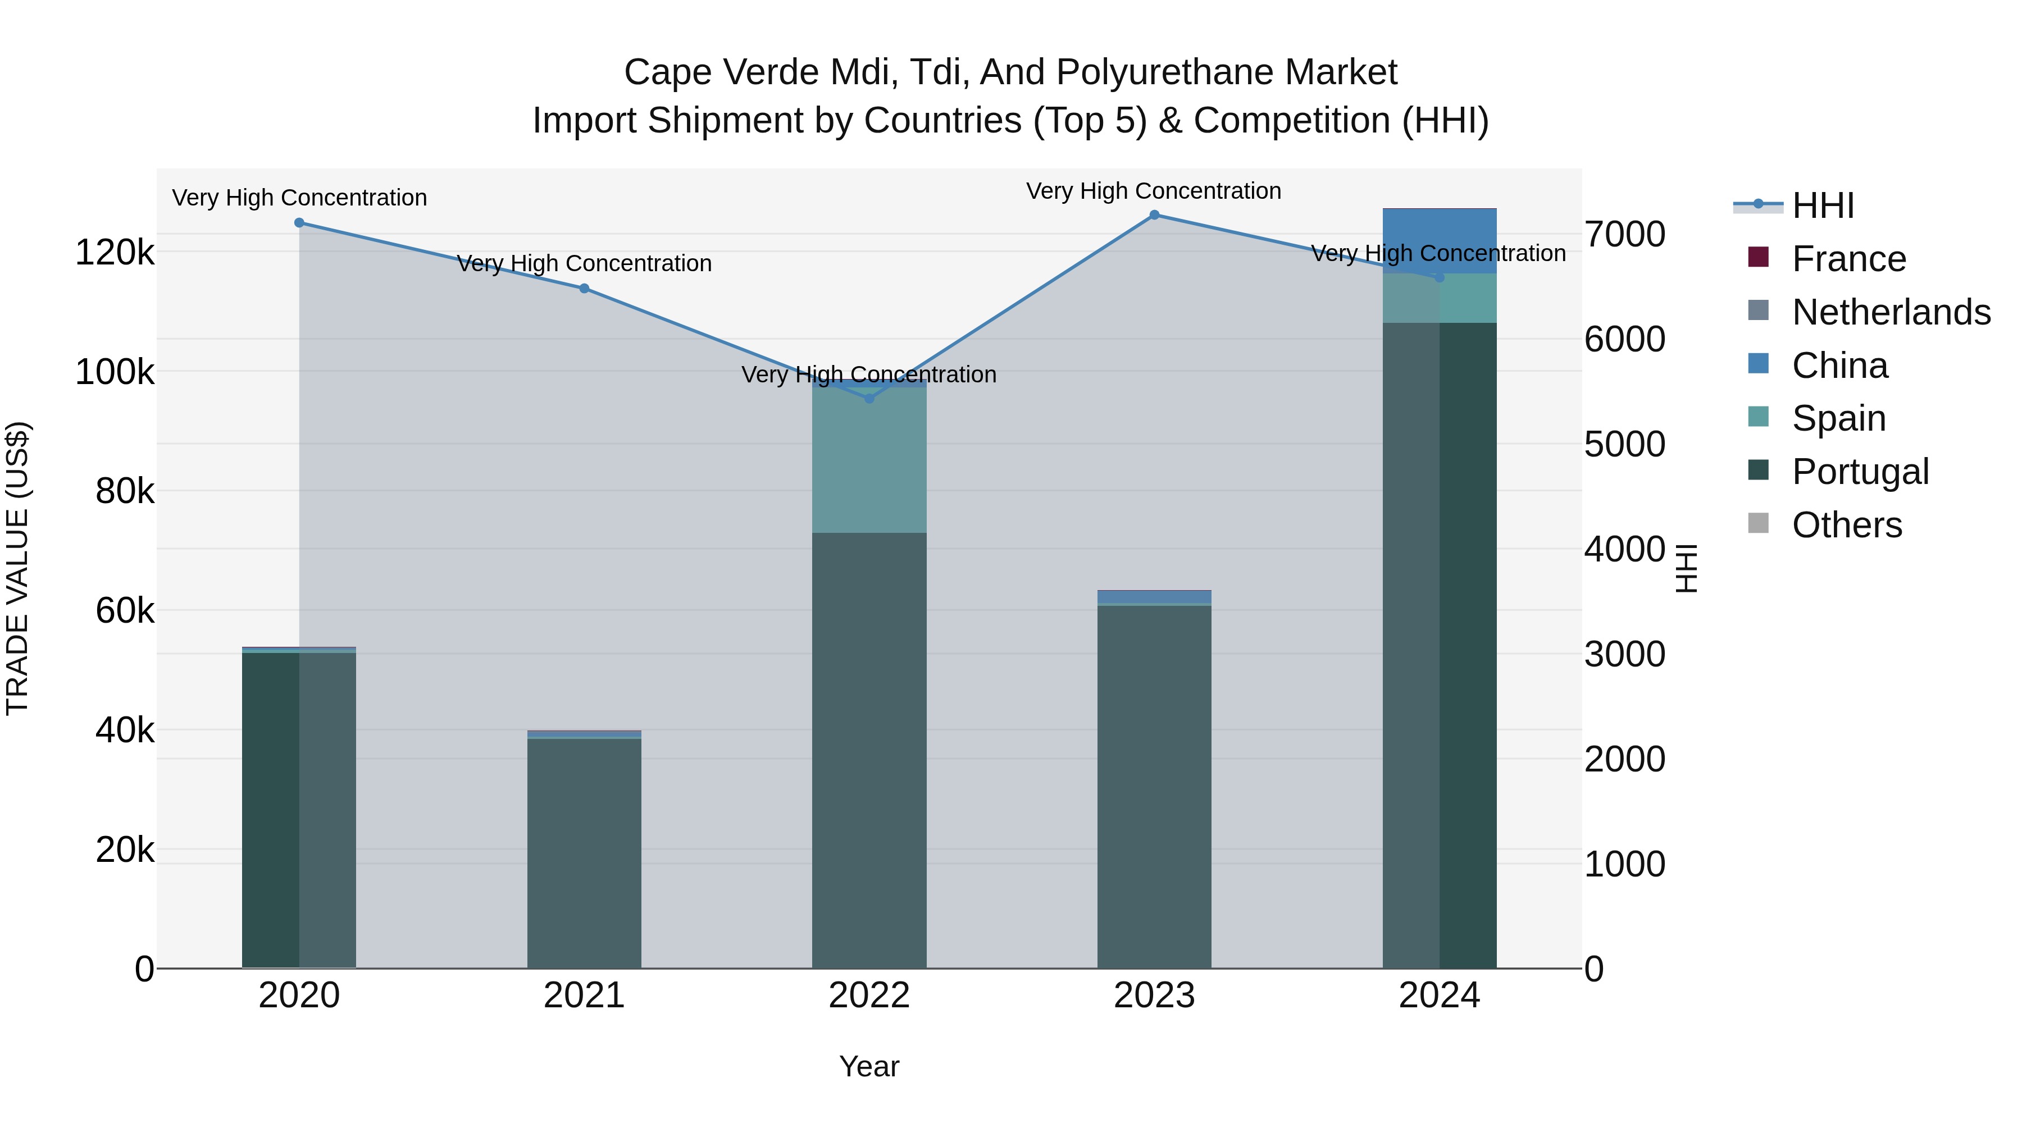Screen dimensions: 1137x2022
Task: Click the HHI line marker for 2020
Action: click(x=299, y=223)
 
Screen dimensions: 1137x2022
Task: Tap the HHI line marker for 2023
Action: click(x=1154, y=215)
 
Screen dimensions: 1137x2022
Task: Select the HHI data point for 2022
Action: click(x=869, y=399)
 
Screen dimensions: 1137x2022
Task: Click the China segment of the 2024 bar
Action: click(x=1440, y=241)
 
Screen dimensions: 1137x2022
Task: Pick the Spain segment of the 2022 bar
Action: click(x=869, y=460)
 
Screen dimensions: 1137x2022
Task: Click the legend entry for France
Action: click(x=1848, y=259)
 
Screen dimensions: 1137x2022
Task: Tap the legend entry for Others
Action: click(x=1846, y=525)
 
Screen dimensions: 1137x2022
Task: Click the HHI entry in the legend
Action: click(x=1823, y=206)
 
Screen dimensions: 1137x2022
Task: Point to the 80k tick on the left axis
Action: click(x=125, y=492)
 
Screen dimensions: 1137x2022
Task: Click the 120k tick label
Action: click(x=115, y=253)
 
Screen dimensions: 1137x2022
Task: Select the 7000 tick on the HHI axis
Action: click(x=1624, y=235)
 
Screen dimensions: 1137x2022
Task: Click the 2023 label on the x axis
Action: click(x=1154, y=996)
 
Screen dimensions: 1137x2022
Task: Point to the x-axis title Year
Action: click(x=869, y=1066)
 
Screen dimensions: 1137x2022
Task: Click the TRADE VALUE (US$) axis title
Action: click(x=17, y=568)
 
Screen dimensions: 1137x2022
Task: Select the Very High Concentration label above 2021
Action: click(x=584, y=264)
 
